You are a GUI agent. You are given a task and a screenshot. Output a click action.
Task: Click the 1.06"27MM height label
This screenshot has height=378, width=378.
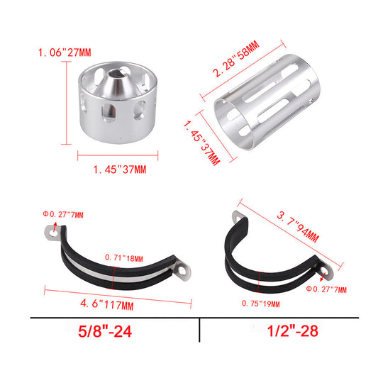pyautogui.click(x=65, y=52)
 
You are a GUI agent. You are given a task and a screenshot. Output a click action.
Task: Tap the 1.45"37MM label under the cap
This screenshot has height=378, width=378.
pyautogui.click(x=120, y=169)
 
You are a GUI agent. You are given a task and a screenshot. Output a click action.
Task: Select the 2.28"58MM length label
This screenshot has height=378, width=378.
pyautogui.click(x=236, y=59)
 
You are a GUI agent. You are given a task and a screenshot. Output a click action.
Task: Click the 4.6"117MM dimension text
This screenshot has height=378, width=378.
pyautogui.click(x=107, y=305)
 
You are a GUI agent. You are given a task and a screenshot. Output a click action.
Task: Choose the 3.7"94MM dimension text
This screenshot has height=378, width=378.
pyautogui.click(x=298, y=226)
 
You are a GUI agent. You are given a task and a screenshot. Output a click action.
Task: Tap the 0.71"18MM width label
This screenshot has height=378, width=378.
pyautogui.click(x=124, y=258)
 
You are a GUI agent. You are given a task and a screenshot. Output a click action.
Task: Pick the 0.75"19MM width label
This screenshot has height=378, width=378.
pyautogui.click(x=261, y=304)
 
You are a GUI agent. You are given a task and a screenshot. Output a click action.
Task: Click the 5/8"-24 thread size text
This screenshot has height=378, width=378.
pyautogui.click(x=105, y=331)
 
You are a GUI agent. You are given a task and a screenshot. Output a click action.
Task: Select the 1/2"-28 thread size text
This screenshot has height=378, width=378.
pyautogui.click(x=293, y=330)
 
